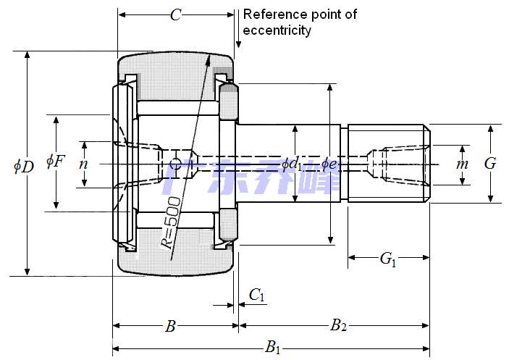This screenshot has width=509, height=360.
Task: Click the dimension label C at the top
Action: point(175,14)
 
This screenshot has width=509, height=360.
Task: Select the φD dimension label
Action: point(23,166)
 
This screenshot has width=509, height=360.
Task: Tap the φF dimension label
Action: point(55,160)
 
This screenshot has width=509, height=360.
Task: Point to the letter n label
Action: point(83,164)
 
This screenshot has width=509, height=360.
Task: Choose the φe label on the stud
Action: point(329,164)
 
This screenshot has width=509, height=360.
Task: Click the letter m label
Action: point(462,164)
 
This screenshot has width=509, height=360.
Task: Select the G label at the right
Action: point(490,164)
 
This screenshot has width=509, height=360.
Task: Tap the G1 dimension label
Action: point(388,258)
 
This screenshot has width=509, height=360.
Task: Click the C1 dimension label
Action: point(257,294)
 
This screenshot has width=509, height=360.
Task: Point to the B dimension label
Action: point(170,326)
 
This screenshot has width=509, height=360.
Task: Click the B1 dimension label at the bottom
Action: point(272,347)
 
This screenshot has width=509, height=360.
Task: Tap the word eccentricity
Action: point(277,30)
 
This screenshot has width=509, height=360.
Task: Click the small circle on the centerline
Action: point(174,163)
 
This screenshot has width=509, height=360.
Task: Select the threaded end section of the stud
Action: point(389,164)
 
